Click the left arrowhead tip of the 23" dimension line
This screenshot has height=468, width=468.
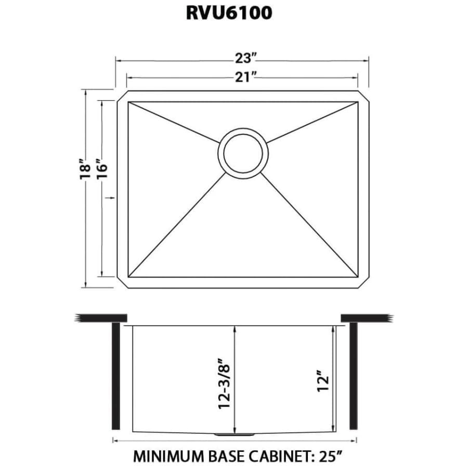click(x=116, y=61)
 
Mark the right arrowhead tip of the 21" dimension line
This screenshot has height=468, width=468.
click(x=358, y=78)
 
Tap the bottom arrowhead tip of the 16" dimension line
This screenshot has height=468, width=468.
click(x=102, y=277)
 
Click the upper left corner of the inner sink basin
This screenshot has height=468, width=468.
click(x=128, y=102)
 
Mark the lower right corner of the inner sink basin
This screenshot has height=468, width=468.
click(x=358, y=277)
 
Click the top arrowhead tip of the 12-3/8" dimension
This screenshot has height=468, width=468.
click(x=236, y=326)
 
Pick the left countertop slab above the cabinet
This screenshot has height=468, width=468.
click(x=101, y=318)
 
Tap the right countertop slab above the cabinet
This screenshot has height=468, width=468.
click(x=367, y=318)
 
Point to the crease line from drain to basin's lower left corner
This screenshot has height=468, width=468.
click(x=177, y=225)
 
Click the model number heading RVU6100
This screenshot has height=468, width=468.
click(x=229, y=13)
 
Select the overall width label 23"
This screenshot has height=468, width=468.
click(x=246, y=58)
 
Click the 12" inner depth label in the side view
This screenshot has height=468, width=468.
click(x=323, y=381)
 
